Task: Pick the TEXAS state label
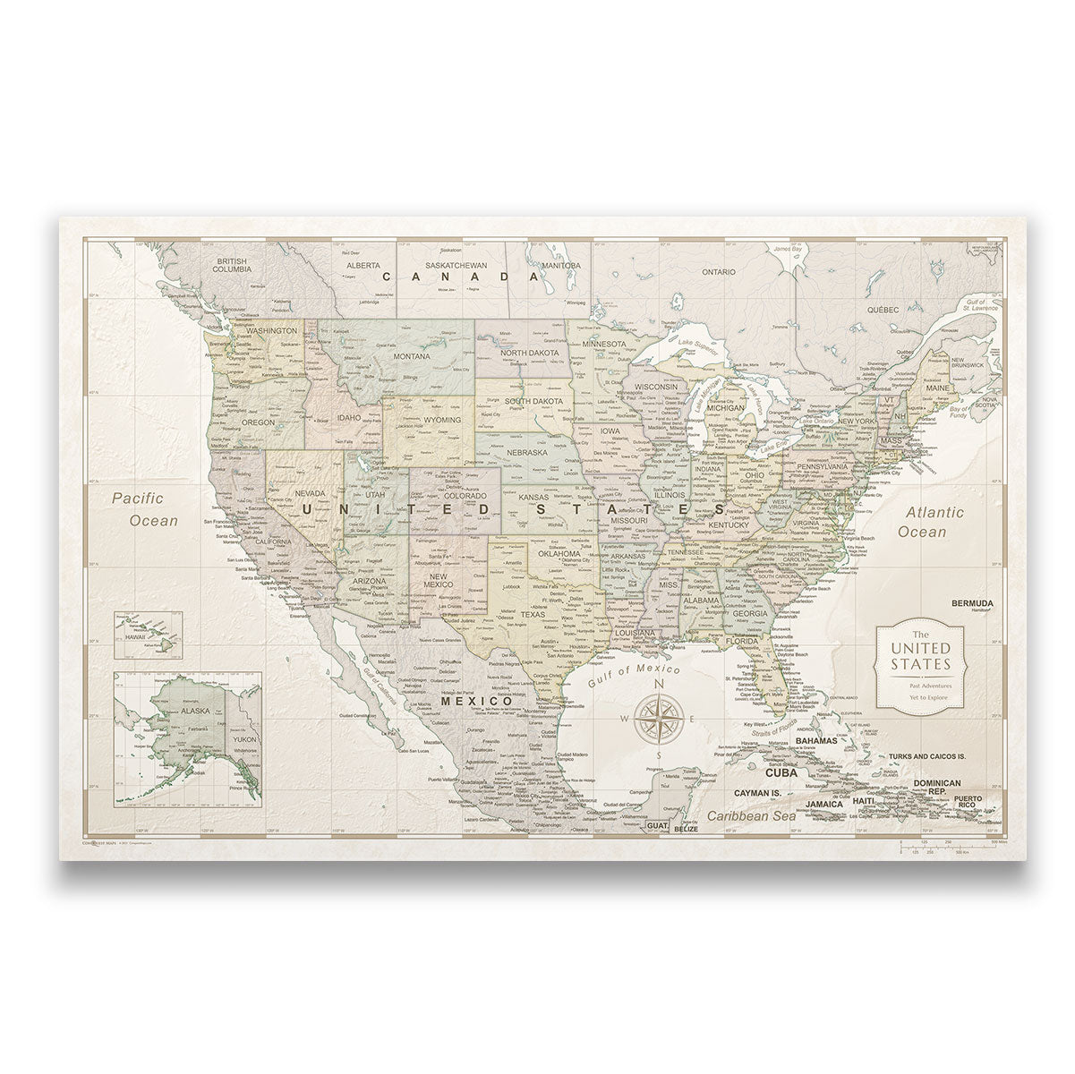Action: pyautogui.click(x=533, y=615)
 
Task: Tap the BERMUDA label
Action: pyautogui.click(x=972, y=602)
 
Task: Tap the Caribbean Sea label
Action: pyautogui.click(x=749, y=816)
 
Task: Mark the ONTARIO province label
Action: pyautogui.click(x=718, y=270)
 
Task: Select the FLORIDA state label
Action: pyautogui.click(x=743, y=641)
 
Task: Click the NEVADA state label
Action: pyautogui.click(x=309, y=494)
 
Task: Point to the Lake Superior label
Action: pyautogui.click(x=699, y=344)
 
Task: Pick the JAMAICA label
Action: pyautogui.click(x=824, y=804)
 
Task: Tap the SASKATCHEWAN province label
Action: pyautogui.click(x=456, y=266)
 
